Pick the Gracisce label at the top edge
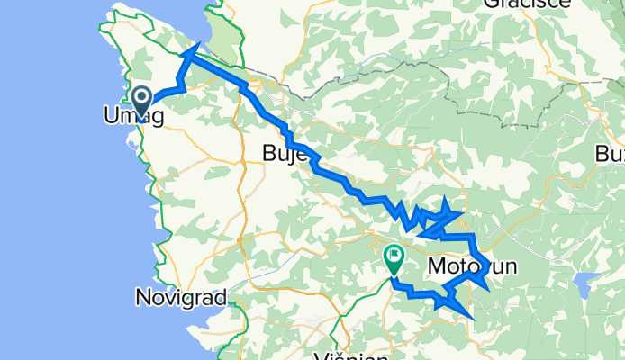coord(527,4)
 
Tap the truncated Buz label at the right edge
coord(611,154)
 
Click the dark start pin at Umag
coord(142,97)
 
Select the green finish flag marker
coord(394,258)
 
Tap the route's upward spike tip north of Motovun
coord(447,199)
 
